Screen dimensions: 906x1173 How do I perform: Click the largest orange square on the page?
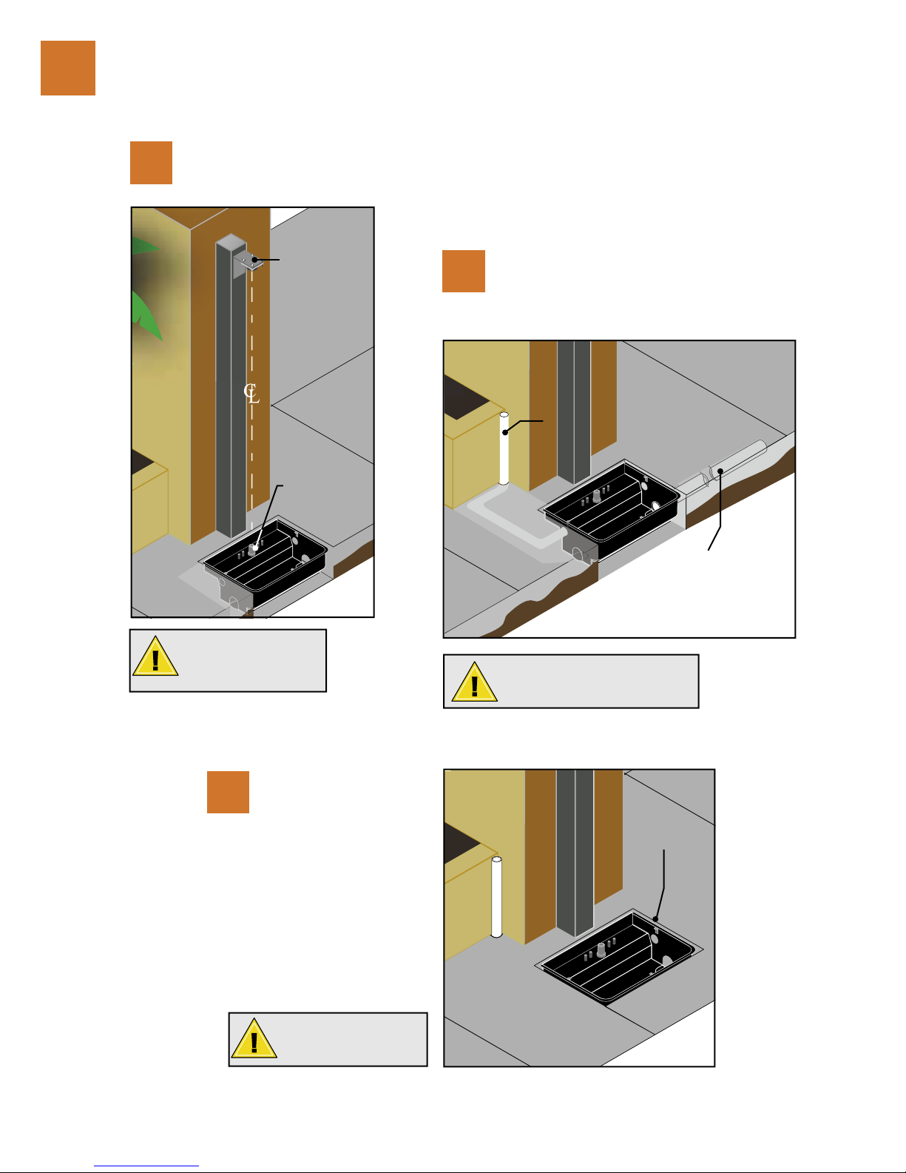pyautogui.click(x=68, y=68)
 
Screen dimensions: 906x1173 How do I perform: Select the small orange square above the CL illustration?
pyautogui.click(x=151, y=163)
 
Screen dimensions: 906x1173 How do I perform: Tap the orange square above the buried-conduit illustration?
pyautogui.click(x=463, y=271)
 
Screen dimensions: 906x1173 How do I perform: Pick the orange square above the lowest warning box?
pyautogui.click(x=228, y=792)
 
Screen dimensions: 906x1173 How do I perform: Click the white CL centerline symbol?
pyautogui.click(x=251, y=393)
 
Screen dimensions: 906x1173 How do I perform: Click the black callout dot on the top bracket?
pyautogui.click(x=254, y=260)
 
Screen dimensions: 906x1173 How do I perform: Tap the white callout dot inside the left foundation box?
pyautogui.click(x=255, y=548)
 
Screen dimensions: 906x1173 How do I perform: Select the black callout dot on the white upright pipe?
pyautogui.click(x=505, y=432)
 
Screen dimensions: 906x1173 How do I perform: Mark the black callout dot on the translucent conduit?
pyautogui.click(x=720, y=471)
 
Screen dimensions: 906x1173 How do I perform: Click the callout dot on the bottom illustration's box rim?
pyautogui.click(x=655, y=919)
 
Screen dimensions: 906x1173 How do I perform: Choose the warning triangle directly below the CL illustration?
pyautogui.click(x=155, y=656)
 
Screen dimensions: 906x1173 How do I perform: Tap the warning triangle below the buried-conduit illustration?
pyautogui.click(x=475, y=682)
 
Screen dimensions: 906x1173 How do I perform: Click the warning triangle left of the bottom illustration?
pyautogui.click(x=254, y=1038)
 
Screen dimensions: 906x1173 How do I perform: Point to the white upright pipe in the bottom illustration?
pyautogui.click(x=497, y=897)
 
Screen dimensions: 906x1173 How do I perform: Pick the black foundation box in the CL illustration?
pyautogui.click(x=264, y=562)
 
